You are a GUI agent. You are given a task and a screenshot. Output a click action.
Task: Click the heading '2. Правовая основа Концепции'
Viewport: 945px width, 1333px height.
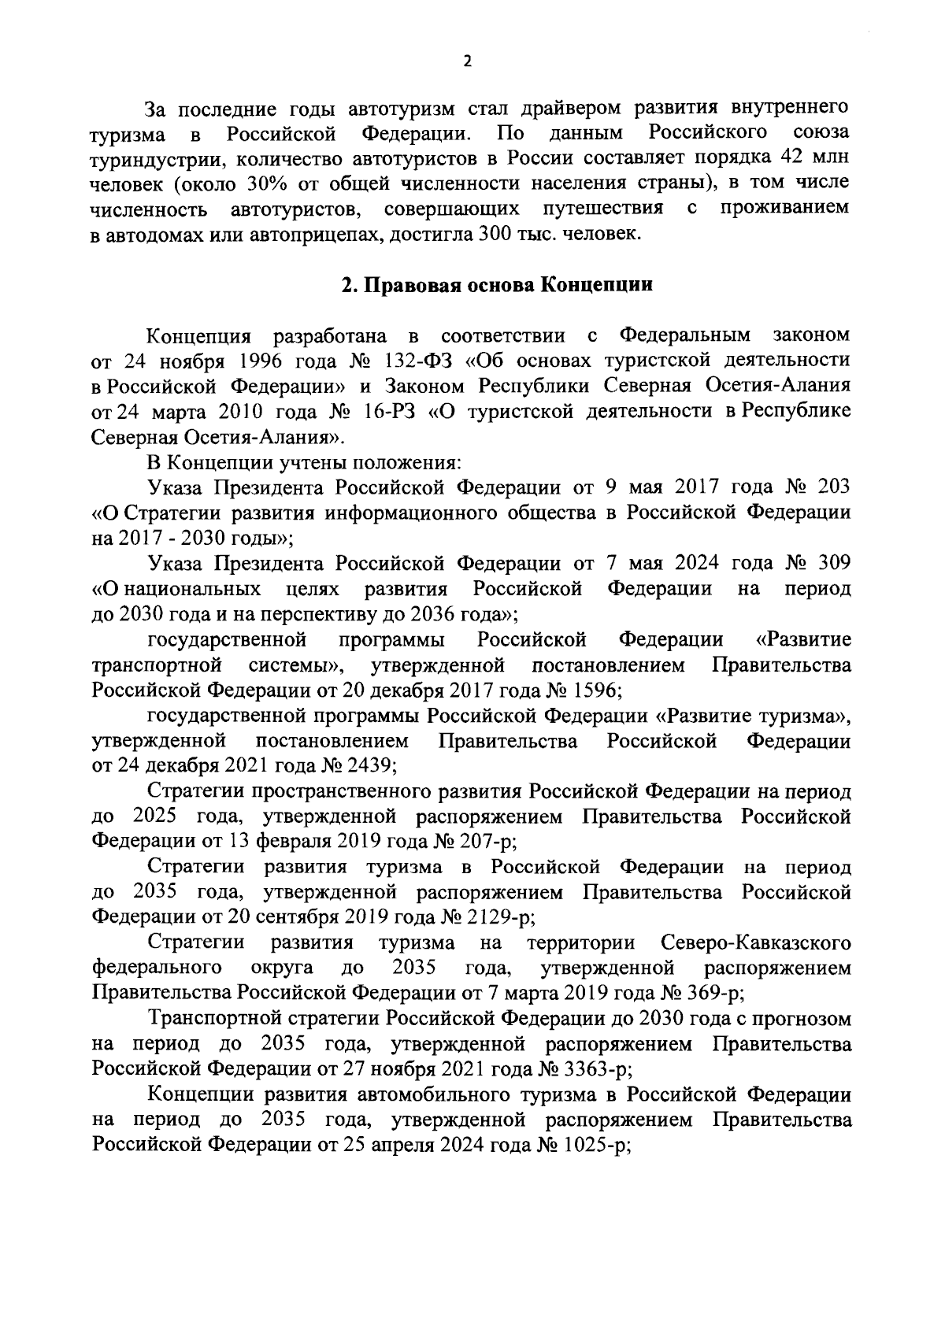[497, 285]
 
